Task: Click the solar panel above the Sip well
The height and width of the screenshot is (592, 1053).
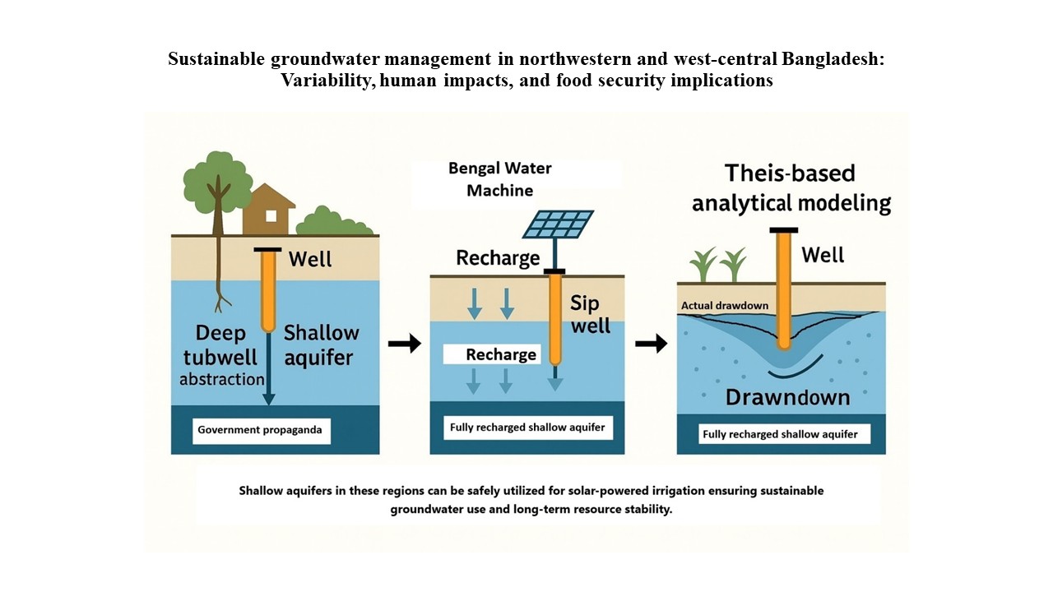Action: pos(558,224)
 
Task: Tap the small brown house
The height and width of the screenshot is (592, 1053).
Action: pos(269,209)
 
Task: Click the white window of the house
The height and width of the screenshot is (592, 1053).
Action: pos(271,215)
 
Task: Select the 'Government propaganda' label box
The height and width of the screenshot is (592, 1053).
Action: pos(262,431)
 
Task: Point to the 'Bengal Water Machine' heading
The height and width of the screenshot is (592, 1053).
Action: pos(499,179)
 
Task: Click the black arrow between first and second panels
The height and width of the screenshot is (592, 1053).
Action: pos(405,344)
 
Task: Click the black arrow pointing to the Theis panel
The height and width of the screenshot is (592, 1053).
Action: pos(651,344)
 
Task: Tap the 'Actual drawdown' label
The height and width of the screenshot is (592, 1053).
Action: pos(725,305)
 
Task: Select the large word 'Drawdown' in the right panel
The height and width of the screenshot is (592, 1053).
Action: pos(787,397)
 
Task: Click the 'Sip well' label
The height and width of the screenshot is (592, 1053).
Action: pos(590,314)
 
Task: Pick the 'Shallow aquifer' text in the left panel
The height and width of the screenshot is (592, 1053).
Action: pos(321,345)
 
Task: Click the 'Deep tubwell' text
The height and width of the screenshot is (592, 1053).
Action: pos(220,345)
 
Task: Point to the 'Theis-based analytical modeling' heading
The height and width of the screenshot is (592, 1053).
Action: pos(791,188)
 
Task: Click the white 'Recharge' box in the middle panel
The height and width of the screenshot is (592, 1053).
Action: pos(492,354)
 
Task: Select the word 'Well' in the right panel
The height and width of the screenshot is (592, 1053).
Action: pos(823,255)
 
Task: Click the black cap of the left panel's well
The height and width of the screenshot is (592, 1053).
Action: pos(267,249)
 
